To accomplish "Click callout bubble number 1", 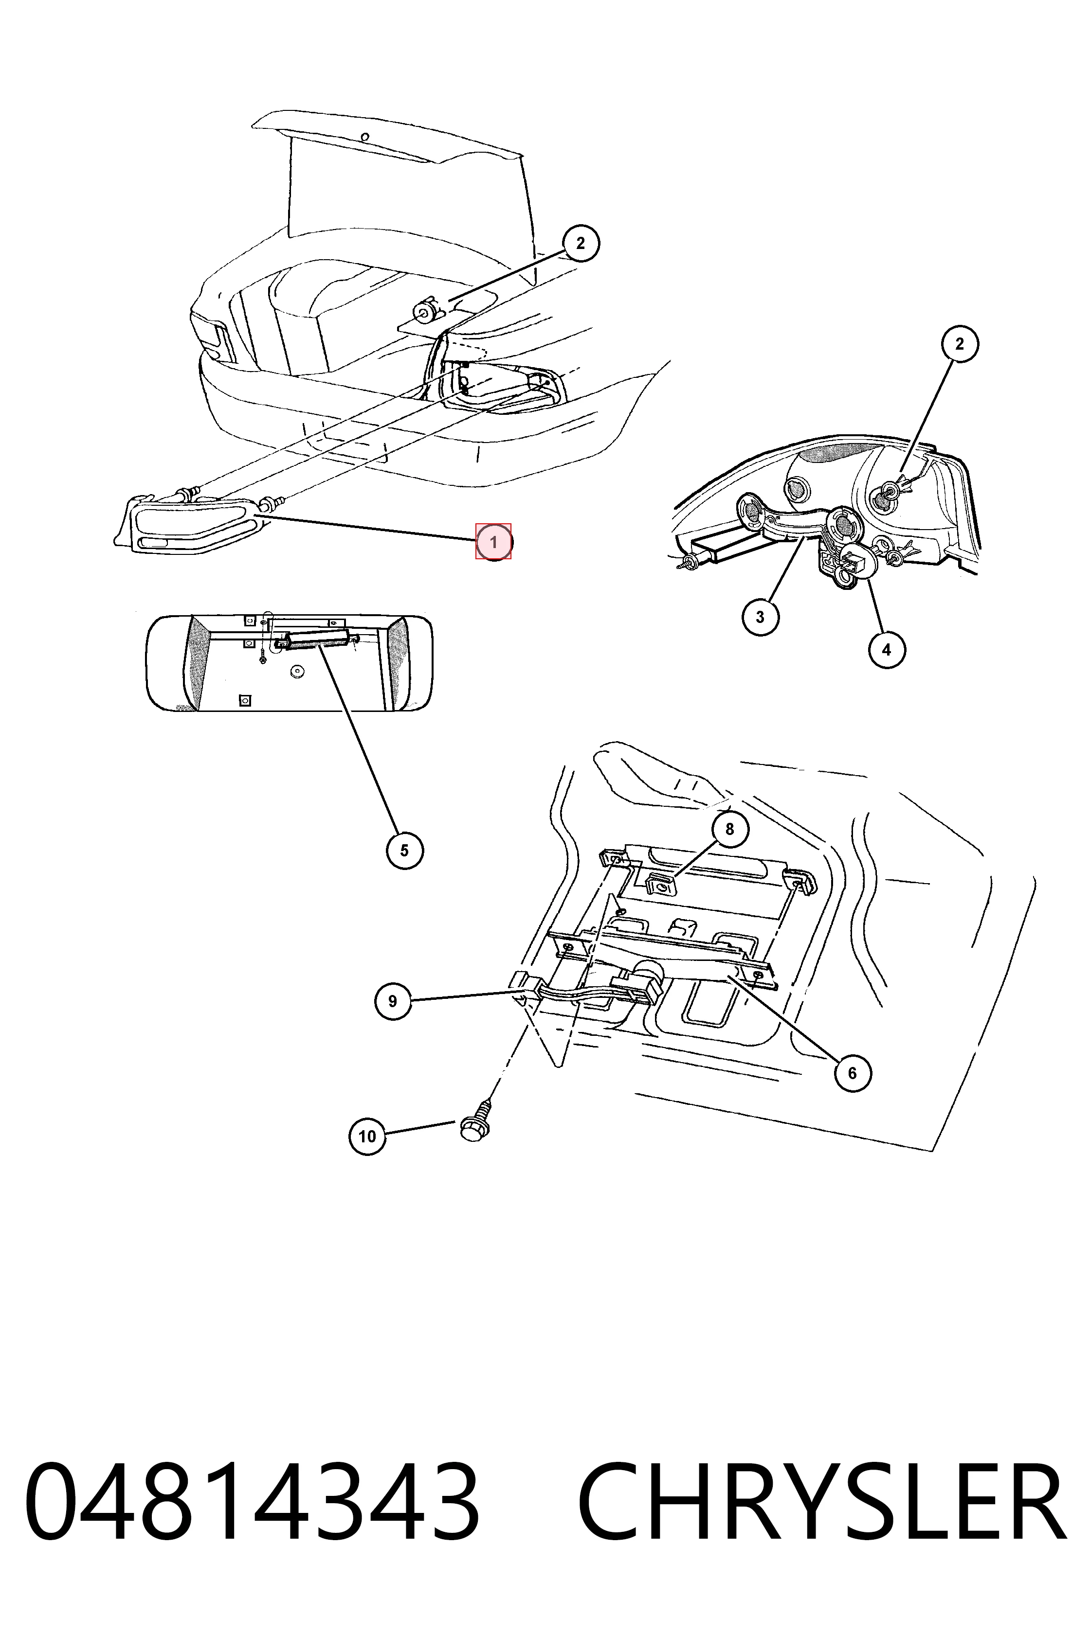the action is click(493, 541).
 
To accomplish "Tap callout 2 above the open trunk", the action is click(581, 243).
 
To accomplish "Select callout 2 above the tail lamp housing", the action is click(960, 344).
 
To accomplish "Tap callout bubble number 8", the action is click(729, 829).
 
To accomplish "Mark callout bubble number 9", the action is click(393, 1001).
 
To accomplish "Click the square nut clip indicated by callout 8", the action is click(662, 885).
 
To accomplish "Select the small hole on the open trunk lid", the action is click(365, 137).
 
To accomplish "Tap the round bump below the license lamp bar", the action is click(299, 671).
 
